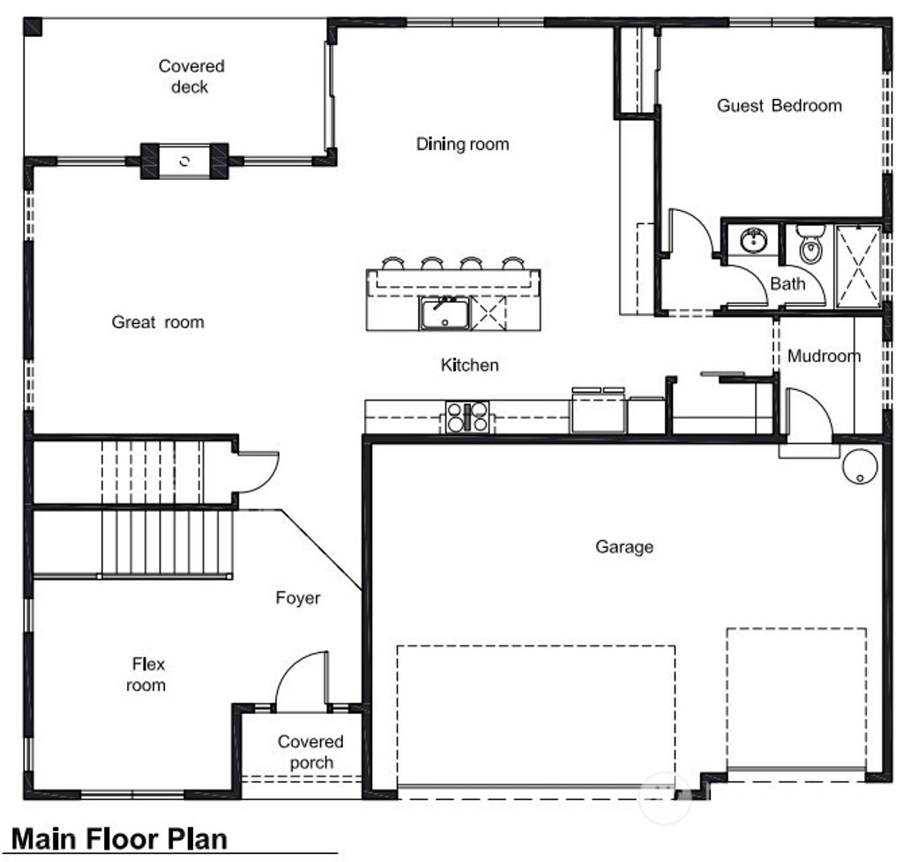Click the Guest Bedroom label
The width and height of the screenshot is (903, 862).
coord(779,106)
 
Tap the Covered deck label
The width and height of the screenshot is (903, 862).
coord(191,77)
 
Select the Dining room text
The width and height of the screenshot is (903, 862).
coord(462,144)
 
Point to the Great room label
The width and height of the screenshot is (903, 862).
coord(157,323)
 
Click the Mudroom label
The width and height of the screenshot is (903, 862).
coord(823,356)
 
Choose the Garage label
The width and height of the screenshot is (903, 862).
coord(624,547)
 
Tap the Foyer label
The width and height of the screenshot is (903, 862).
coord(298,598)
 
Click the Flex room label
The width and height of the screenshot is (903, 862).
coord(146,675)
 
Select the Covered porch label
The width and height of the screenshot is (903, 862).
coord(310,752)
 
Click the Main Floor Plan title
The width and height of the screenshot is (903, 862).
coord(119,837)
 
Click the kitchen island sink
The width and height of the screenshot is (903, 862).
coord(444,313)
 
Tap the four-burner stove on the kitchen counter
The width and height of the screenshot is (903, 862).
coord(466,416)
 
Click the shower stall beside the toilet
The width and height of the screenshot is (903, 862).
coord(857,262)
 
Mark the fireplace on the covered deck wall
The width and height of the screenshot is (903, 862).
coord(184,161)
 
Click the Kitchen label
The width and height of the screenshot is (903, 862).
coord(470,365)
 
